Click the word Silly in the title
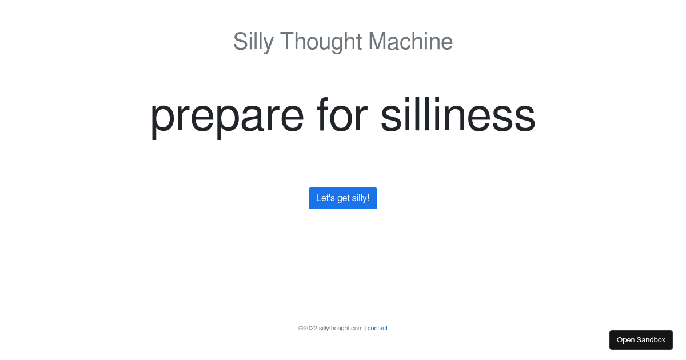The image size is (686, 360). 253,42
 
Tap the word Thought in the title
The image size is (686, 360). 321,42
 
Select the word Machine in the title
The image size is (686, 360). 410,42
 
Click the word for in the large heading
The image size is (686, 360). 342,115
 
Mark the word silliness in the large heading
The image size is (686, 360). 457,115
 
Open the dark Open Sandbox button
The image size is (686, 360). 641,340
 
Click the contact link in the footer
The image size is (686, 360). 377,328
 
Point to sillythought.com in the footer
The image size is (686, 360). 341,328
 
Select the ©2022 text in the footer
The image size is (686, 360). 308,328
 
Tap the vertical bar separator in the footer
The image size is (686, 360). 365,328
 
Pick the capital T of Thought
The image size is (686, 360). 286,42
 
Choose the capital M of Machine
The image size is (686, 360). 378,42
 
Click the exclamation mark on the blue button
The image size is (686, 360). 368,198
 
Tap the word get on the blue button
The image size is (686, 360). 343,199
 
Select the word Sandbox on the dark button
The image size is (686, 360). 651,340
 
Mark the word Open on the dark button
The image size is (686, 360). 625,340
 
